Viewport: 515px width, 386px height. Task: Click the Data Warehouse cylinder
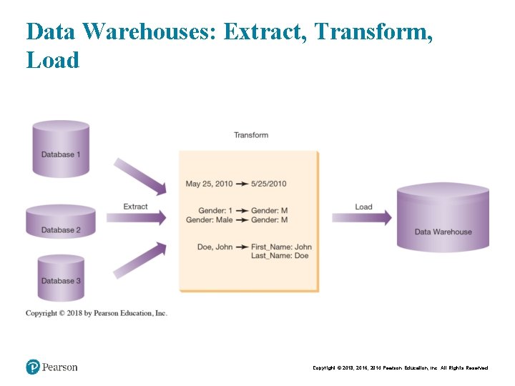pyautogui.click(x=443, y=218)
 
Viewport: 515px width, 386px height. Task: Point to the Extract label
pyautogui.click(x=135, y=207)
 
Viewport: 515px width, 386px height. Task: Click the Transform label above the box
pyautogui.click(x=251, y=135)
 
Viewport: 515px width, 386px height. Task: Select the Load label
pyautogui.click(x=363, y=207)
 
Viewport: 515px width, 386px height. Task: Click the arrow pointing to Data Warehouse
pyautogui.click(x=362, y=217)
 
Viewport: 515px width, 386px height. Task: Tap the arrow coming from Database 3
pyautogui.click(x=140, y=259)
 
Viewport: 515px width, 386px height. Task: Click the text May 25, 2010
pyautogui.click(x=209, y=184)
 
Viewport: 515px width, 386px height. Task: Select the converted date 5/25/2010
pyautogui.click(x=269, y=184)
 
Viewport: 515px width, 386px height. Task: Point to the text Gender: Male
pyautogui.click(x=209, y=220)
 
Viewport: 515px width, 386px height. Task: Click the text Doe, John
pyautogui.click(x=215, y=247)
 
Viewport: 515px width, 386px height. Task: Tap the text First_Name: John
pyautogui.click(x=281, y=247)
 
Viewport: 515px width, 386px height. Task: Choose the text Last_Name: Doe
pyautogui.click(x=280, y=256)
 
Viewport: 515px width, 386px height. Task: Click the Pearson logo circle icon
pyautogui.click(x=33, y=367)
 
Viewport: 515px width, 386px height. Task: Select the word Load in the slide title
pyautogui.click(x=52, y=59)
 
